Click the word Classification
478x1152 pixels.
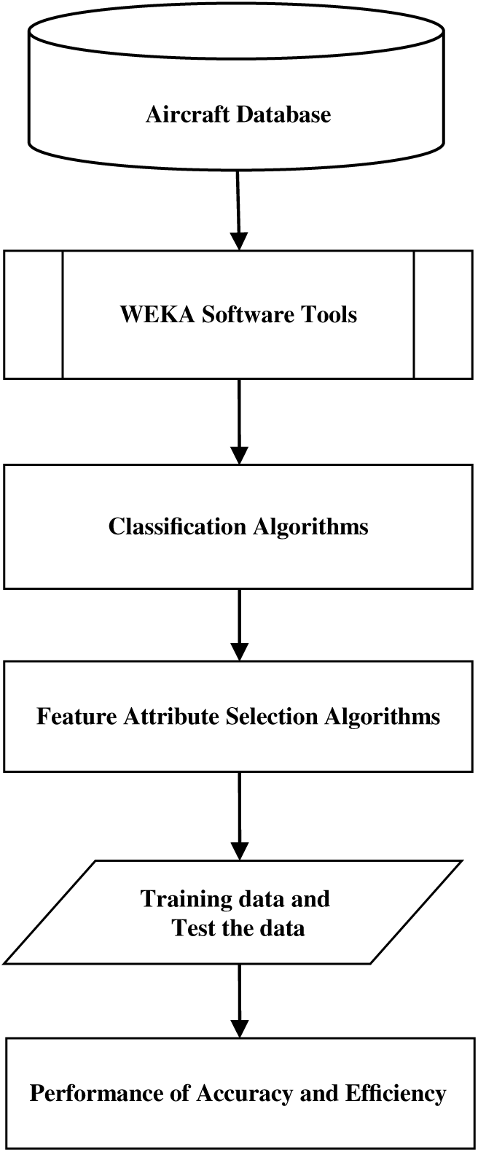click(x=178, y=526)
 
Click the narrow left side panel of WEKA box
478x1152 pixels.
click(x=34, y=314)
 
